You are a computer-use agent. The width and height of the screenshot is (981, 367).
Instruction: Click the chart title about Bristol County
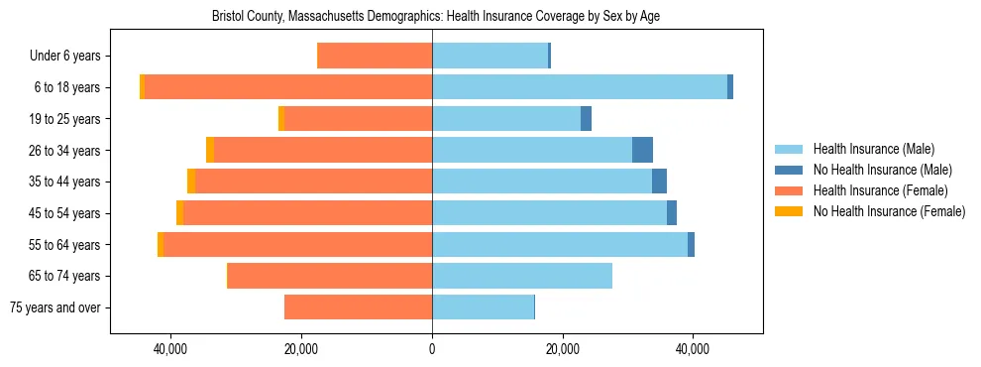[x=436, y=17]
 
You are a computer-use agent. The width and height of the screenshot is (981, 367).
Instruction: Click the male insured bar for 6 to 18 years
[x=580, y=87]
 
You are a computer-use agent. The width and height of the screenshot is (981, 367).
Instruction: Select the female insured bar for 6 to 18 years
[x=288, y=87]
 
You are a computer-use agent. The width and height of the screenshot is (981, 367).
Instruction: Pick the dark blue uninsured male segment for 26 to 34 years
[x=642, y=150]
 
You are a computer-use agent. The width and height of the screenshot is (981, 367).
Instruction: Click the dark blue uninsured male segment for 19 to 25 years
[x=586, y=119]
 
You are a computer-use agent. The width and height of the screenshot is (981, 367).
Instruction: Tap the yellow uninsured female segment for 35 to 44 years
[x=191, y=182]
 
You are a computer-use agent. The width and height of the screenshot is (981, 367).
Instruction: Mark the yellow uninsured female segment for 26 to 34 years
[x=210, y=150]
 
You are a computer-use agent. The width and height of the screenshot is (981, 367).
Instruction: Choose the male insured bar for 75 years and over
[x=483, y=307]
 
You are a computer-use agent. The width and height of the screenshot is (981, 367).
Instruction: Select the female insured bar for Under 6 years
[x=375, y=57]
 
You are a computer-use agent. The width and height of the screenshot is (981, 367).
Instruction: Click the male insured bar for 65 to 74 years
[x=522, y=276]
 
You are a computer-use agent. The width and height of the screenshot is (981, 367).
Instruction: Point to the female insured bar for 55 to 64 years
[x=297, y=244]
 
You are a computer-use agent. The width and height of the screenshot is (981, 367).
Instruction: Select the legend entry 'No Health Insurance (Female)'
[x=889, y=211]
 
